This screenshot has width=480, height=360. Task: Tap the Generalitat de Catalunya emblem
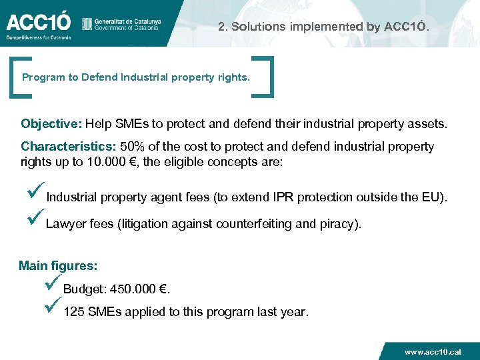coord(86,24)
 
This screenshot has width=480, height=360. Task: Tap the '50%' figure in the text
coord(131,146)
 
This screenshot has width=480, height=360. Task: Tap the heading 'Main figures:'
coord(58,266)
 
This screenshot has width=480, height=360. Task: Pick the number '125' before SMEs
coord(73,312)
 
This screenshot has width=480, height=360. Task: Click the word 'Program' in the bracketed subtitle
coord(41,77)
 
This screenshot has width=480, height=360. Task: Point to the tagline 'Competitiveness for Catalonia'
coord(38,37)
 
